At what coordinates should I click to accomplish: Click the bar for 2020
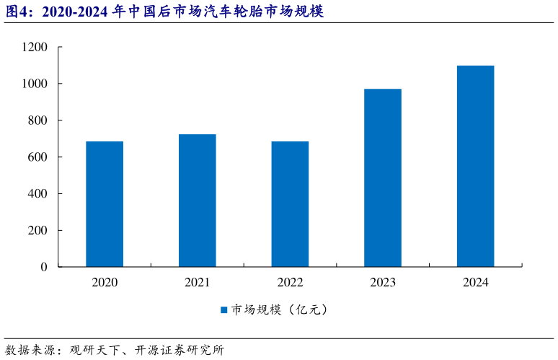105,204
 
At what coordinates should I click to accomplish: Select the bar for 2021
198,201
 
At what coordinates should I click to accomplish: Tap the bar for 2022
290,204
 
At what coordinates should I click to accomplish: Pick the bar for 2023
383,177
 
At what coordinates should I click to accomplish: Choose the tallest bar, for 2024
475,166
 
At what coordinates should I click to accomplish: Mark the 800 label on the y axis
37,120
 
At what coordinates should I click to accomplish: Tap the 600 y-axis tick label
37,157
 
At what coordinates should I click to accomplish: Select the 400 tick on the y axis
37,194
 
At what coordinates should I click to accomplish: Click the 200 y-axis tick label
37,231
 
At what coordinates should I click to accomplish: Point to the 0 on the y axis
44,267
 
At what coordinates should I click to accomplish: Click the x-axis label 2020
105,283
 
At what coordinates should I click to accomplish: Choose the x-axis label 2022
290,283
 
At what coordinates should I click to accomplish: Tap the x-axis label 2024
475,283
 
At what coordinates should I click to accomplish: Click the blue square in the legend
223,310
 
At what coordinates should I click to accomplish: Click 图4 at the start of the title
16,12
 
